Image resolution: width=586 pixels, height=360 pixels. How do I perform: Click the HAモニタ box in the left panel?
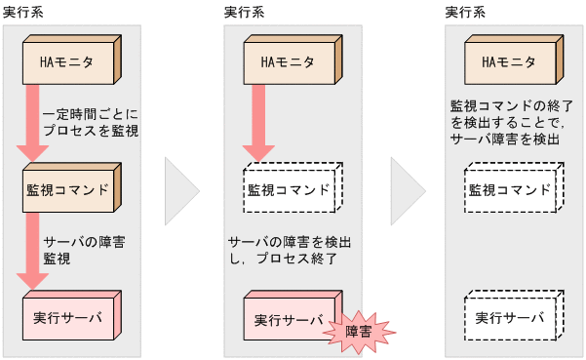click(x=68, y=62)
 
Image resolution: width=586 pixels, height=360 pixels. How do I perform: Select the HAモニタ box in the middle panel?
click(x=289, y=62)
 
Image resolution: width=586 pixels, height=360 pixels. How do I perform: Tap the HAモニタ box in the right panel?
click(x=509, y=62)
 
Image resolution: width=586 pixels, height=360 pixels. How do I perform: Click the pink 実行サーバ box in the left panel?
click(x=68, y=318)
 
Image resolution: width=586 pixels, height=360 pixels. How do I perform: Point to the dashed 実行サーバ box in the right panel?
click(x=509, y=318)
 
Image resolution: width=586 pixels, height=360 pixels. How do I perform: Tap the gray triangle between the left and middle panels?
click(x=180, y=189)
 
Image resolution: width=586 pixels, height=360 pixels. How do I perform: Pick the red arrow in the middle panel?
click(x=258, y=122)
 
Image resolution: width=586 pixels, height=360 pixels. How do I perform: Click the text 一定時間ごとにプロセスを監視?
click(x=91, y=121)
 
